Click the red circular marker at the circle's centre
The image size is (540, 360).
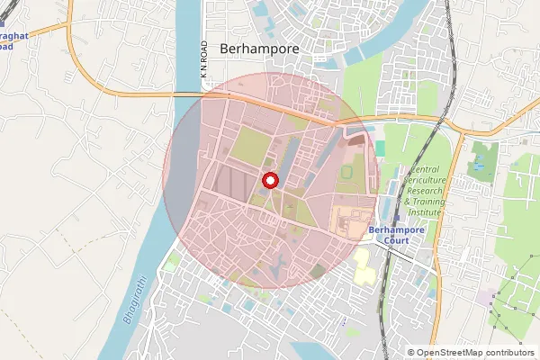point(269,180)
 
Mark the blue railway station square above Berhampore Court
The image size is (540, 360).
point(397,219)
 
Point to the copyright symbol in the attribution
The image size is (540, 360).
point(410,353)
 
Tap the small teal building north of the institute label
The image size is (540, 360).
point(379,147)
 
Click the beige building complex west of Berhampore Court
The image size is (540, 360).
point(352,219)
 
